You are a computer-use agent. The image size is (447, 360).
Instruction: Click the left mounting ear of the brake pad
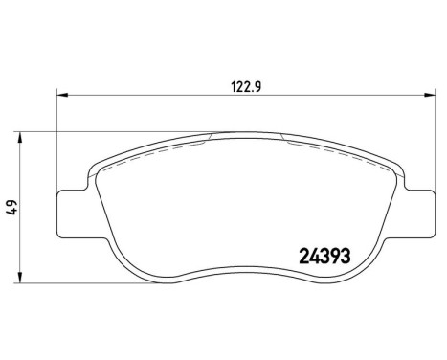pos(72,209)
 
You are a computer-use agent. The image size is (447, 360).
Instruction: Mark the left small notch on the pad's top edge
pos(209,140)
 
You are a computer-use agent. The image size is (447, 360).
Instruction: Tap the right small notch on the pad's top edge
pos(285,140)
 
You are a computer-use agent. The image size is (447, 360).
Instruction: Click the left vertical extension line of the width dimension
pos(59,144)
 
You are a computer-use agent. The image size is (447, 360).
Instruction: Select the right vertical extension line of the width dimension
pos(424,144)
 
